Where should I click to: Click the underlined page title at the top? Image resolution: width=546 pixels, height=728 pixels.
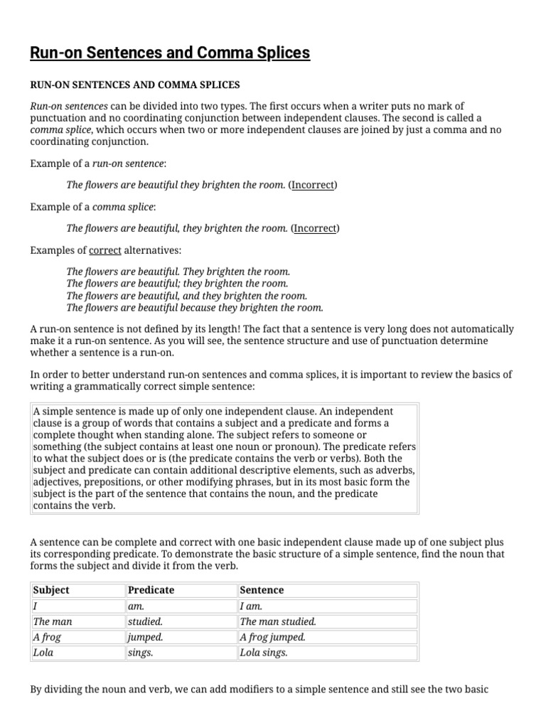[x=170, y=53]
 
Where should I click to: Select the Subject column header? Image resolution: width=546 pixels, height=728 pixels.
[x=51, y=590]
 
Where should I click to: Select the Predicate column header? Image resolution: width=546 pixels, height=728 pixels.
[x=150, y=590]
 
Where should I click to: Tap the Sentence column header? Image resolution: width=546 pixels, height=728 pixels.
[x=262, y=590]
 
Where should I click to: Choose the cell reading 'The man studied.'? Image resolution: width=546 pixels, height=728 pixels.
[x=278, y=621]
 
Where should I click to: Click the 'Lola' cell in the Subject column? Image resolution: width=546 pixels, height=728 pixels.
[x=44, y=653]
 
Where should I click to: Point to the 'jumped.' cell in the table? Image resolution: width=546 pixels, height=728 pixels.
[x=145, y=637]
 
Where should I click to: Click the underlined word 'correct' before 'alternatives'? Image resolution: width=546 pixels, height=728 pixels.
[x=105, y=250]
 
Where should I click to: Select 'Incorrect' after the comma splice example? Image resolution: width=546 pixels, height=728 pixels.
[x=315, y=228]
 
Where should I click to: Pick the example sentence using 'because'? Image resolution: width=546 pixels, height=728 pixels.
[x=195, y=307]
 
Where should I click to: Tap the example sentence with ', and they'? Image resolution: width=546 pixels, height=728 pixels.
[x=186, y=296]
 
